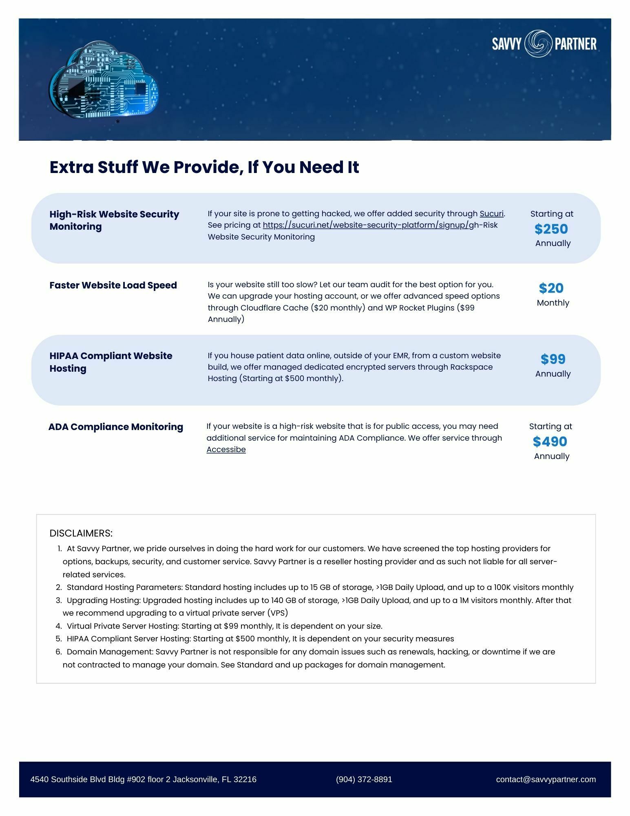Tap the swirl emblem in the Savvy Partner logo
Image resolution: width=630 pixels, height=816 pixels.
(x=538, y=43)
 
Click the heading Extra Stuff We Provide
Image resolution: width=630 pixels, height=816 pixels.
(x=204, y=167)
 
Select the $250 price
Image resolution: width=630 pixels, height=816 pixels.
(x=551, y=229)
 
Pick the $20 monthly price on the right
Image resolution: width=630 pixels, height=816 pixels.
(x=551, y=288)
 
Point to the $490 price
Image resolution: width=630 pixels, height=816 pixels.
(x=550, y=441)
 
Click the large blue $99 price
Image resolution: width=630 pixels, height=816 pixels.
(x=553, y=359)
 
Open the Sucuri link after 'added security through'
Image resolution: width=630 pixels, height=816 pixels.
(x=491, y=213)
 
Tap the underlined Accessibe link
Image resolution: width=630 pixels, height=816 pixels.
(x=226, y=449)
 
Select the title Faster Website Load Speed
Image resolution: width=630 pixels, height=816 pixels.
(x=113, y=285)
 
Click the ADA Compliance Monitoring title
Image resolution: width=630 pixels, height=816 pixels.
(x=116, y=427)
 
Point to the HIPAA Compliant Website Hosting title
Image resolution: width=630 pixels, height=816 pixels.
(x=111, y=362)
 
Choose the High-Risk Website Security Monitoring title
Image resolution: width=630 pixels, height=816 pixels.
(x=114, y=220)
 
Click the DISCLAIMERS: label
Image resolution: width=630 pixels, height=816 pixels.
(x=81, y=533)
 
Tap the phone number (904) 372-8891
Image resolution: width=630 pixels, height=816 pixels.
(x=364, y=779)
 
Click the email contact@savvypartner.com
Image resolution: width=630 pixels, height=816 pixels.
(x=546, y=779)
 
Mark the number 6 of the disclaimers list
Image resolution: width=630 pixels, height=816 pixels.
(x=59, y=652)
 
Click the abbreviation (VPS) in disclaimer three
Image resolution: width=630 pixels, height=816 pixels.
(x=278, y=613)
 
